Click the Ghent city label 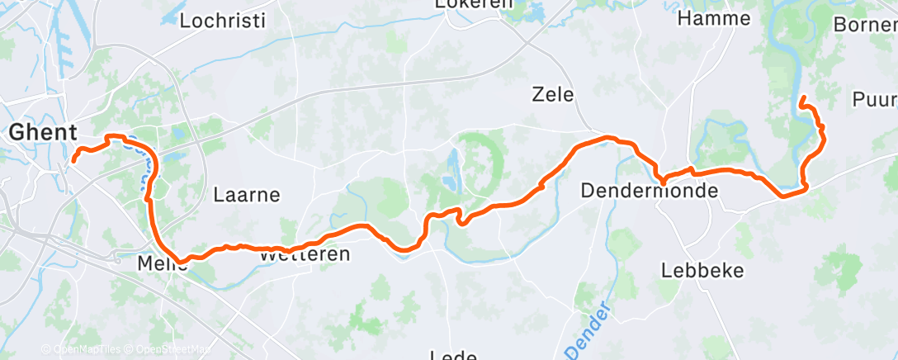pyautogui.click(x=43, y=132)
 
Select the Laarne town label pyautogui.click(x=247, y=196)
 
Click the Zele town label pyautogui.click(x=553, y=95)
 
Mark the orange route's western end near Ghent pyautogui.click(x=73, y=159)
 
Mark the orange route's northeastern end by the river pyautogui.click(x=802, y=99)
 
